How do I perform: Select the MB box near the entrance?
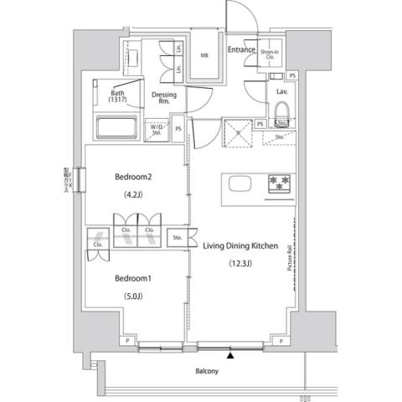tap(204, 57)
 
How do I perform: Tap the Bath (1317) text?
tap(117, 96)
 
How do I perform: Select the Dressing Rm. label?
tap(163, 99)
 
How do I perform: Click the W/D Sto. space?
tap(157, 129)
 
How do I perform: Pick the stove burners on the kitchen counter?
tap(279, 184)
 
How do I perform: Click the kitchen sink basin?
tap(237, 184)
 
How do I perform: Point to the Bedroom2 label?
tap(134, 177)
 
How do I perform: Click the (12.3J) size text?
tap(240, 267)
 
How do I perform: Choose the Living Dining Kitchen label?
tap(240, 246)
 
